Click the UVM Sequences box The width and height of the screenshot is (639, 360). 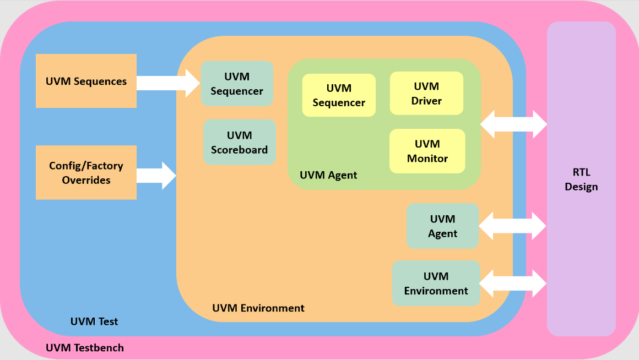click(86, 81)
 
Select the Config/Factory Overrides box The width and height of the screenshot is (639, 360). click(86, 172)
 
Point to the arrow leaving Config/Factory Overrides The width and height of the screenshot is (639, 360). click(156, 176)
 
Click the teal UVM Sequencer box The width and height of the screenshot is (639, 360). click(237, 84)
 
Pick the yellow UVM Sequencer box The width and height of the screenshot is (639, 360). click(339, 95)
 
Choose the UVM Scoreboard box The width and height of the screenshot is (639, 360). click(240, 142)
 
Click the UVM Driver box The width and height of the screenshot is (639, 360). click(426, 93)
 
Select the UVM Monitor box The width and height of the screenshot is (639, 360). click(427, 151)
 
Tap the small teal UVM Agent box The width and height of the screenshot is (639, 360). click(442, 226)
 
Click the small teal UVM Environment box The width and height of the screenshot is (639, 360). click(436, 283)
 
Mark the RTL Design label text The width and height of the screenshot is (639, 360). click(581, 179)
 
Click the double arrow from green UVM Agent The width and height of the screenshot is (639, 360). click(513, 125)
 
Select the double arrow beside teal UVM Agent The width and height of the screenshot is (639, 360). click(512, 226)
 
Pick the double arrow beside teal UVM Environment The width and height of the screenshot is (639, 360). click(513, 283)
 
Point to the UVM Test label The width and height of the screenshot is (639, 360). click(94, 321)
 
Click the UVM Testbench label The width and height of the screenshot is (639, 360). click(85, 347)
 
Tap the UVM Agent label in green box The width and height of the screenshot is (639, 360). click(328, 175)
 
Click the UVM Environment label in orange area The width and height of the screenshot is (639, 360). click(258, 308)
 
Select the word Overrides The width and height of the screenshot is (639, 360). click(86, 180)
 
